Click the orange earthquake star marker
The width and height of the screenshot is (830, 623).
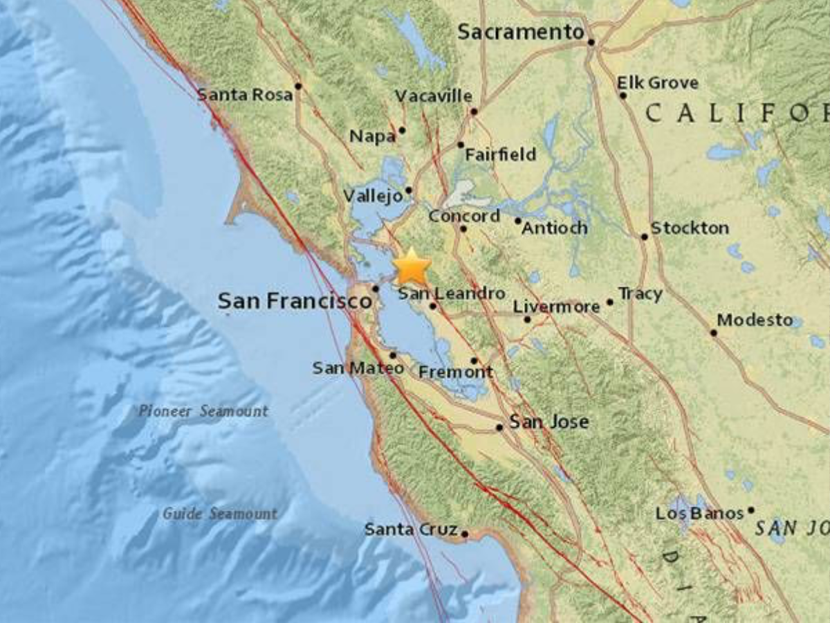(x=413, y=266)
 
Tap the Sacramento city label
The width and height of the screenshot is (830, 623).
(x=521, y=32)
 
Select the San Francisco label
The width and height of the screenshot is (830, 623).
(x=295, y=301)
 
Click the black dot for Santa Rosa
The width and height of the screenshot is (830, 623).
(x=298, y=86)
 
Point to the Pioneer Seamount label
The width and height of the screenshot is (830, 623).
(x=203, y=411)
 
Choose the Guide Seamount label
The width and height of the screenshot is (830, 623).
(x=220, y=514)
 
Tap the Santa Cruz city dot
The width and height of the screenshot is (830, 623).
(x=465, y=534)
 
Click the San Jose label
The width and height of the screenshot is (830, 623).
(x=549, y=422)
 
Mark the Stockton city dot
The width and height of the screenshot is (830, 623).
(x=644, y=237)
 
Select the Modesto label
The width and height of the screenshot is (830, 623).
(x=755, y=320)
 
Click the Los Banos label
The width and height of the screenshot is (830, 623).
(x=699, y=514)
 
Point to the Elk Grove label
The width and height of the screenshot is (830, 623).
(x=658, y=83)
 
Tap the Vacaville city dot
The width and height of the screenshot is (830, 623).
(x=474, y=111)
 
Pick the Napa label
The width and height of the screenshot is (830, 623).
(x=372, y=136)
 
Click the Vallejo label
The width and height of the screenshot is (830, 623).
(x=373, y=197)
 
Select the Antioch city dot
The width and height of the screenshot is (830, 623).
(x=517, y=221)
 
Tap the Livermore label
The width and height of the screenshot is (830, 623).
(x=556, y=307)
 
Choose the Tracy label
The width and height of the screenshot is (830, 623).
(x=640, y=294)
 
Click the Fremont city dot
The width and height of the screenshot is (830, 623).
(x=474, y=361)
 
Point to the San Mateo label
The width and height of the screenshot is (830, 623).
(x=358, y=368)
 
